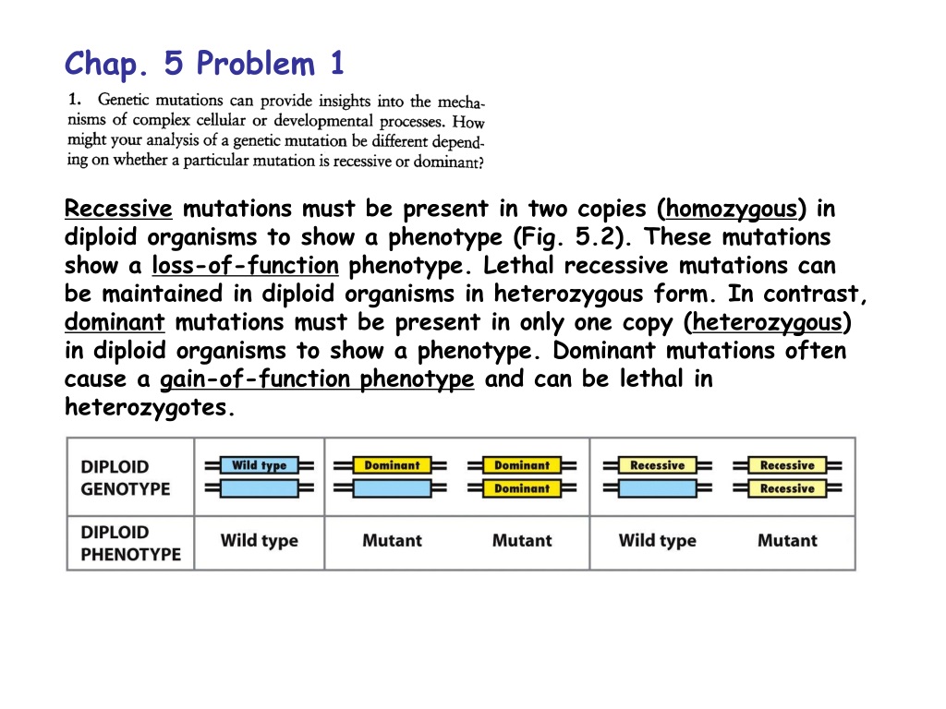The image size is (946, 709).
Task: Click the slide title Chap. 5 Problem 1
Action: point(204,64)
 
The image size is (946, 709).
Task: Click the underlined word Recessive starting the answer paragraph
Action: point(118,209)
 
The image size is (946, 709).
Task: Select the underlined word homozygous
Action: point(732,210)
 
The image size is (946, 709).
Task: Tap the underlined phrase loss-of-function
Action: point(245,265)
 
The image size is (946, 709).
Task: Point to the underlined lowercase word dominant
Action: point(115,322)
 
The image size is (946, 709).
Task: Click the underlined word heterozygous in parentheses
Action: point(767,323)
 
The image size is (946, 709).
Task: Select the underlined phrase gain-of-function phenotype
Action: point(317,379)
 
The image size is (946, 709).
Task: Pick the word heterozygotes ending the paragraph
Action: point(146,407)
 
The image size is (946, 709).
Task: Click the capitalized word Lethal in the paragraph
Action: point(518,265)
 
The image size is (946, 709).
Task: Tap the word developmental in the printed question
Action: point(323,121)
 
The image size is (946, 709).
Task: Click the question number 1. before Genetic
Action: point(74,99)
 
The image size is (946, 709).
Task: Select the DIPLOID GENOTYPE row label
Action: point(126,477)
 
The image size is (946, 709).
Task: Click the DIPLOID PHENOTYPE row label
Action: point(130,543)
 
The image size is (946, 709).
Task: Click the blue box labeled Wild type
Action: point(260,465)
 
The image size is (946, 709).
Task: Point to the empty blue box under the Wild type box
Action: point(260,488)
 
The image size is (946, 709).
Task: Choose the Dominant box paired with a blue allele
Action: point(392,465)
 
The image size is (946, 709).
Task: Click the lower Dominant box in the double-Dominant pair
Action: point(522,488)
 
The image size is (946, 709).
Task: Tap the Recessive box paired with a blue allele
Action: point(658,465)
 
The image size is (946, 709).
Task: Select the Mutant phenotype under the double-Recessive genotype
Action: point(787,540)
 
